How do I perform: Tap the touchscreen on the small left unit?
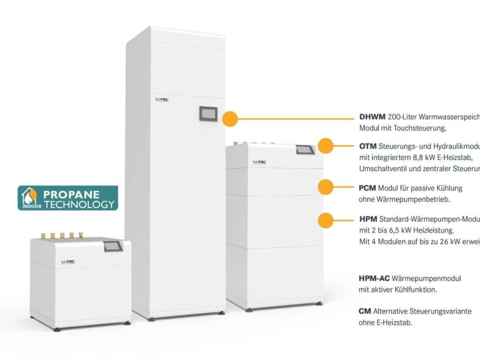(x=113, y=246)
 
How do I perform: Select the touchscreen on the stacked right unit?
(x=305, y=150)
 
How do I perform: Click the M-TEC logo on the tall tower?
(x=162, y=100)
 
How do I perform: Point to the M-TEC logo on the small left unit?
(x=68, y=262)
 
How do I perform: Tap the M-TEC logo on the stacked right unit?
(x=259, y=162)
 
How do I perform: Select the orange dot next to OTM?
(x=325, y=146)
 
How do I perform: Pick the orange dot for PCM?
(x=325, y=187)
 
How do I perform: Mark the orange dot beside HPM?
(x=325, y=220)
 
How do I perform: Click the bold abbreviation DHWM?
(x=372, y=117)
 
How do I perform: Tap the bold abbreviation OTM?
(x=368, y=147)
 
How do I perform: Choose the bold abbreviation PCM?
(x=368, y=188)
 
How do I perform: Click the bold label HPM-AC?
(x=374, y=278)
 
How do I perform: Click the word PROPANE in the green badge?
(x=71, y=194)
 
